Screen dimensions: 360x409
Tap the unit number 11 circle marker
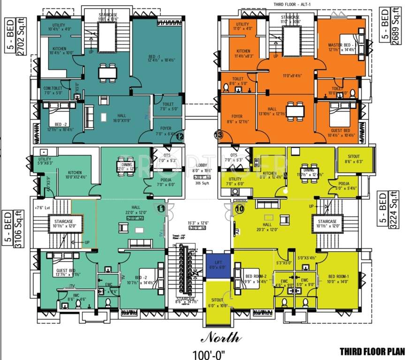click(x=161, y=210)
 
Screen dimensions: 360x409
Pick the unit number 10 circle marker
click(x=239, y=210)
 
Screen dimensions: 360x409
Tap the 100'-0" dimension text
click(x=209, y=353)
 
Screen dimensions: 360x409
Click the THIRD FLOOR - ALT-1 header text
click(x=295, y=4)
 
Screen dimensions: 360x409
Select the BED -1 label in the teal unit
click(x=155, y=57)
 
